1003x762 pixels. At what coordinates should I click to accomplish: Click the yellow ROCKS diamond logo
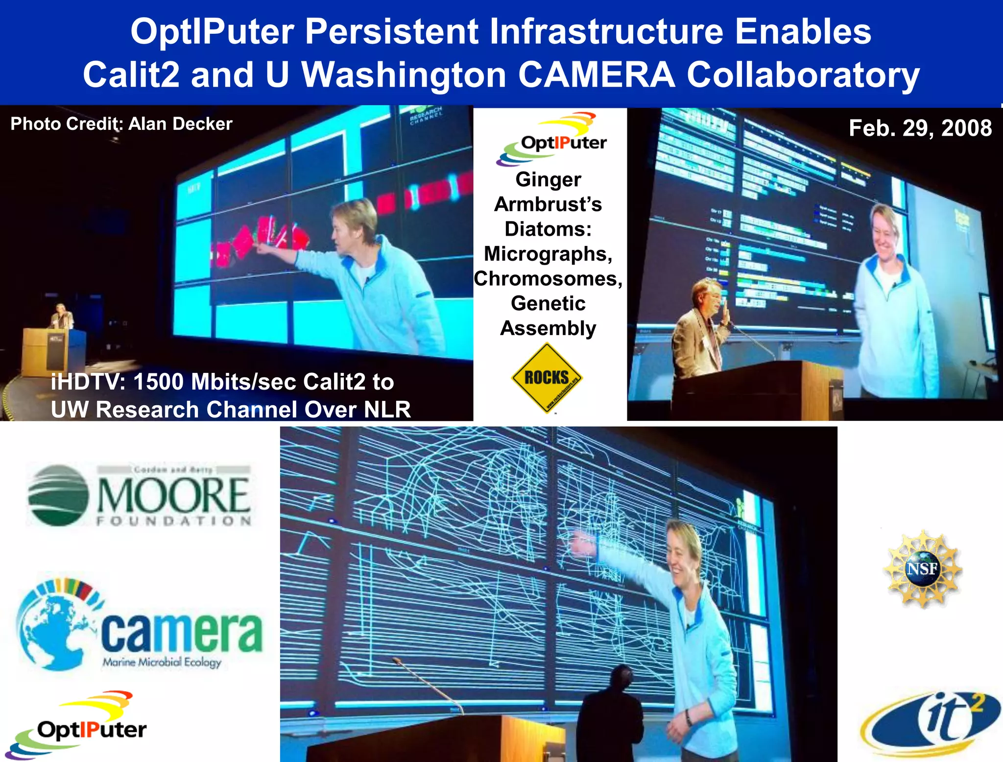pyautogui.click(x=547, y=378)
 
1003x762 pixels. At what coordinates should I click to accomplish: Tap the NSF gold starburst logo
pyautogui.click(x=922, y=569)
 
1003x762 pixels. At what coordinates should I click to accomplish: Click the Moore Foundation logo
pyautogui.click(x=140, y=495)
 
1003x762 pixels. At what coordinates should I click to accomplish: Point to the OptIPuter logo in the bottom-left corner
pyautogui.click(x=78, y=725)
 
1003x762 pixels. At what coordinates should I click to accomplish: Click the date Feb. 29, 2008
pyautogui.click(x=920, y=128)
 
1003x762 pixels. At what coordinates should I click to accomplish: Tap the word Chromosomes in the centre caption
pyautogui.click(x=548, y=278)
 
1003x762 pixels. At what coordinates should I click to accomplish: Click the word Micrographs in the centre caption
pyautogui.click(x=548, y=254)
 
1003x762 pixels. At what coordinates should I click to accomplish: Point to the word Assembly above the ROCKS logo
pyautogui.click(x=548, y=328)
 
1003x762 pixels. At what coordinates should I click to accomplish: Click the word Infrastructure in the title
pyautogui.click(x=606, y=31)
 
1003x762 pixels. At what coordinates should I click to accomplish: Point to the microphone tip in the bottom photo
pyautogui.click(x=395, y=661)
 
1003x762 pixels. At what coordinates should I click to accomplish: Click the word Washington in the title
pyautogui.click(x=404, y=74)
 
